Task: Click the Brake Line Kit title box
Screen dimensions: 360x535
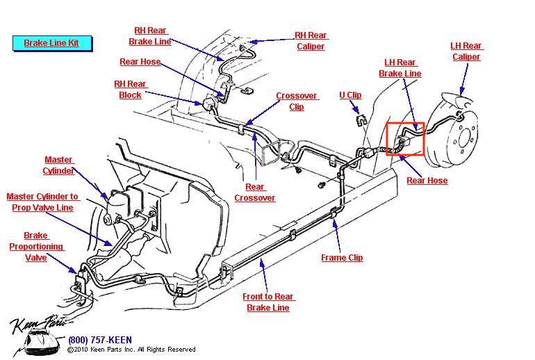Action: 51,43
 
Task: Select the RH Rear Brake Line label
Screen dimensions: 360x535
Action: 149,36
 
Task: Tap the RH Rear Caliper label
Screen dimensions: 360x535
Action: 310,41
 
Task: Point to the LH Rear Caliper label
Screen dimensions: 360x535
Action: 466,51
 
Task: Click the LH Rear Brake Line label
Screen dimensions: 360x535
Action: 400,68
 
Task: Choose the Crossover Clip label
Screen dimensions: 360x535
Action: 297,101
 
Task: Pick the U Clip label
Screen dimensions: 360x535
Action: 350,95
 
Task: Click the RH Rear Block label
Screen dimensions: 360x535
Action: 130,90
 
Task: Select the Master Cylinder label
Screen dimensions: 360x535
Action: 58,165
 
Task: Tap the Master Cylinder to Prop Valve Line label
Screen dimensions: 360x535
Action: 42,202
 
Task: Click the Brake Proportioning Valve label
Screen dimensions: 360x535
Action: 36,247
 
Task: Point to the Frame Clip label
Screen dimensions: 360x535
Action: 342,258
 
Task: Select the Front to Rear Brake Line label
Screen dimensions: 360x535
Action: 267,302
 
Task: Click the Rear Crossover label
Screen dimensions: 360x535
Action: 255,193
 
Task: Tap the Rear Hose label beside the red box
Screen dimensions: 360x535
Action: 427,181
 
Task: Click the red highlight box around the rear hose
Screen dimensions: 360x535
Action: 405,140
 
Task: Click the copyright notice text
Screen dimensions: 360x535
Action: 131,350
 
